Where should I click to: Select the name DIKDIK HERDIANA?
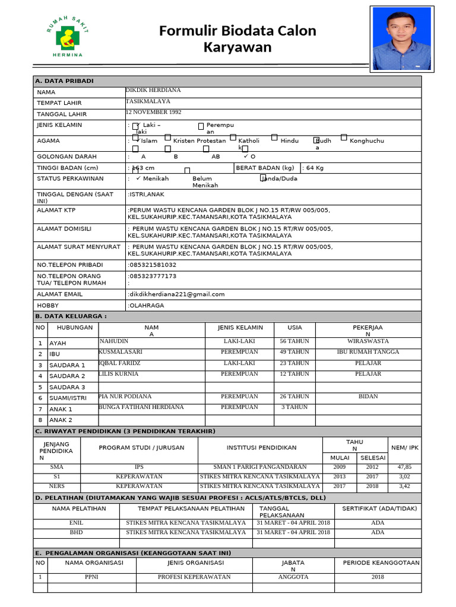tap(153, 90)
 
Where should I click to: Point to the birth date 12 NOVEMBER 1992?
tap(154, 112)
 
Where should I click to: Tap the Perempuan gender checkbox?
tap(201, 126)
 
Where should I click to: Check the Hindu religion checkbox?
tap(274, 138)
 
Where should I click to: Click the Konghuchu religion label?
tap(366, 141)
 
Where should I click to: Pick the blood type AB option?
tap(216, 156)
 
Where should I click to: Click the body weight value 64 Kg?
tap(314, 168)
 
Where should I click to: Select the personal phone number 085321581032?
tap(153, 264)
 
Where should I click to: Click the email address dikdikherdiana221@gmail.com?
tap(177, 294)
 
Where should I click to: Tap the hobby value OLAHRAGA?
tap(147, 305)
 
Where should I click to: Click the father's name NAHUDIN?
tap(114, 341)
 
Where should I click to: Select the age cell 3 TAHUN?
tap(294, 407)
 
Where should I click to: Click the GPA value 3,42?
tap(404, 486)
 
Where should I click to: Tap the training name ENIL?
tap(77, 523)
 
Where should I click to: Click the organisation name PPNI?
tap(91, 577)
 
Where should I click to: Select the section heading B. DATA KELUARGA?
tap(72, 317)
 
